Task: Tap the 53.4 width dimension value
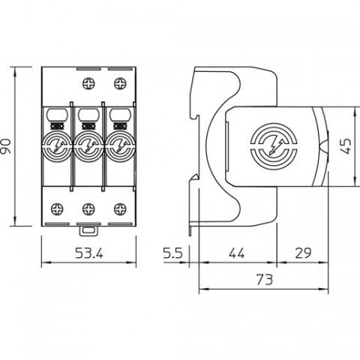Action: [x=89, y=253]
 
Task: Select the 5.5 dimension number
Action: [x=173, y=253]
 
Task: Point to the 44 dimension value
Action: [x=237, y=253]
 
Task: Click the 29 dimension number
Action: [x=303, y=253]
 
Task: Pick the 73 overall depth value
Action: [x=265, y=280]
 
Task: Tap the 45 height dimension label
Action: [x=346, y=146]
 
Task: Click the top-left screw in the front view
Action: [x=88, y=83]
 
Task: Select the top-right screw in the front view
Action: [x=120, y=83]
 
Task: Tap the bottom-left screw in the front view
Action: [x=57, y=209]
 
